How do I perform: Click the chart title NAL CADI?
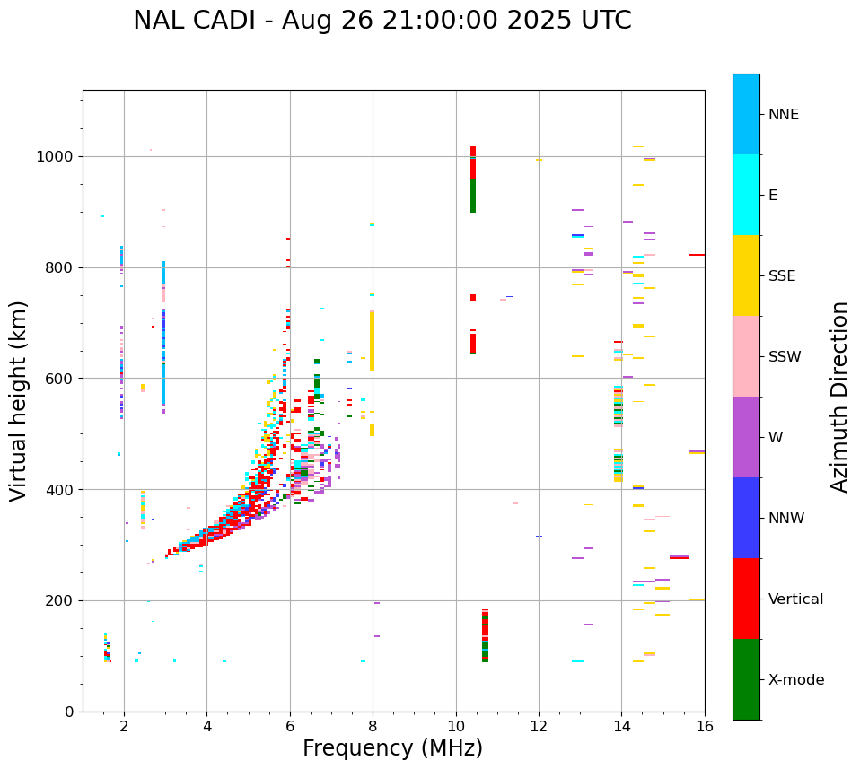[382, 21]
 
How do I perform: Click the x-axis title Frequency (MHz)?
[392, 748]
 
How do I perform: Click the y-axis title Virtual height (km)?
[19, 400]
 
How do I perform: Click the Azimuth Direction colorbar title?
[839, 396]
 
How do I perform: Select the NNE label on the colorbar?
[783, 115]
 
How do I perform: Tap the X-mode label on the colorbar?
[795, 680]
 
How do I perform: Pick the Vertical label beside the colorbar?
[795, 599]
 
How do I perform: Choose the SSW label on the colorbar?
[785, 357]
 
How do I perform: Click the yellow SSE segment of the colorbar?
[746, 275]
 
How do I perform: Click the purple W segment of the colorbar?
[746, 436]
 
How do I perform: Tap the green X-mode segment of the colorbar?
[746, 679]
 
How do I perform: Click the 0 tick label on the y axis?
[69, 712]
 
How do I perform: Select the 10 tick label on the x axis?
[456, 725]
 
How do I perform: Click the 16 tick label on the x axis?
[704, 725]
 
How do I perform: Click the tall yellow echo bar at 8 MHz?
[372, 341]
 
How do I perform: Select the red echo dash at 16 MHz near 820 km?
[697, 255]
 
